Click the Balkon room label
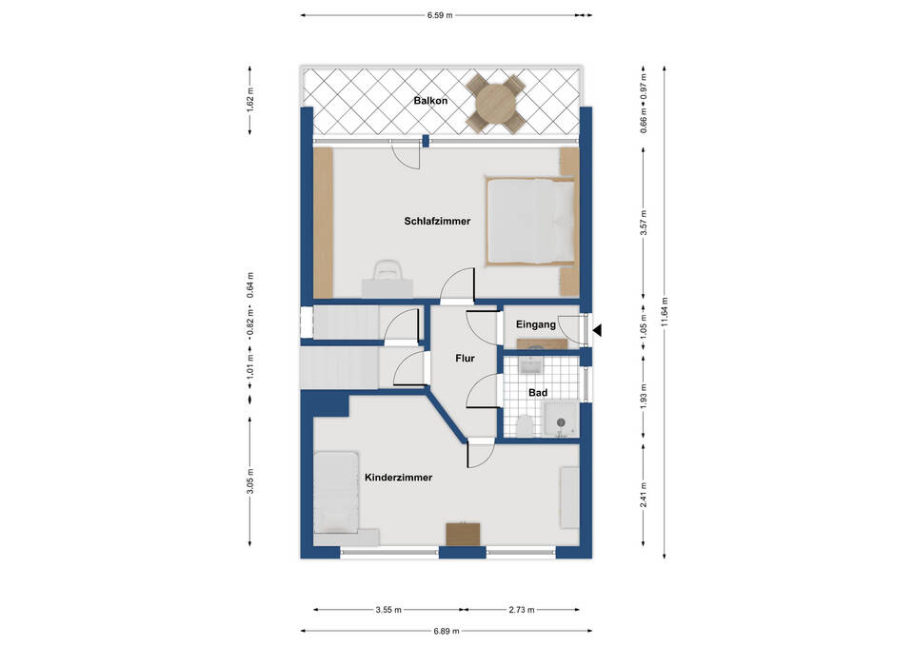430,101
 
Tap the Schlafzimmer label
437,222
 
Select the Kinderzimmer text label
399,478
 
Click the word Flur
466,359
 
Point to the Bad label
538,393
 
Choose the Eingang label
536,324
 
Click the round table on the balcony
495,103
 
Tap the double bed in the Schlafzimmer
531,222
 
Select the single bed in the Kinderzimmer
336,492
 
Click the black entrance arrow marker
597,331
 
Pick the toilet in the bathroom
525,426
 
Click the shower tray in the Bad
562,420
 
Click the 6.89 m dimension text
447,631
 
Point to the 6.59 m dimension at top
440,16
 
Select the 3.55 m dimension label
388,611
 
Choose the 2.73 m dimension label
521,611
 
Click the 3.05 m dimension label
250,481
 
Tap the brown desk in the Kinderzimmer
464,534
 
